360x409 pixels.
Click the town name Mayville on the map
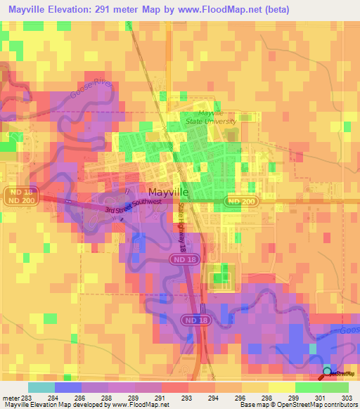tap(168, 191)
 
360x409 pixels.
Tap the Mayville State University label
tap(204, 117)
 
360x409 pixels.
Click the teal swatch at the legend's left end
tap(41, 387)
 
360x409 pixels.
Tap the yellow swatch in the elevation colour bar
tap(281, 387)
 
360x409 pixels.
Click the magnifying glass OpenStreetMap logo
tap(326, 372)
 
